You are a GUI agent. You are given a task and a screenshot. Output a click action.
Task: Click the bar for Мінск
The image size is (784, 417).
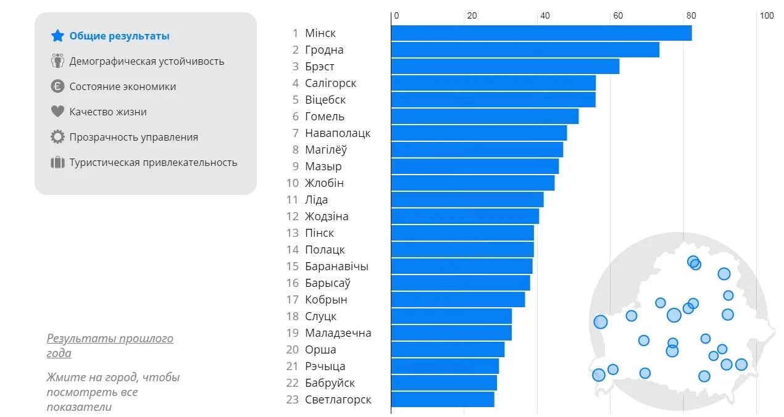tap(541, 33)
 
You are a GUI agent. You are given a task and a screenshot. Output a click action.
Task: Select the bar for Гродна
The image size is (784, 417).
tap(525, 50)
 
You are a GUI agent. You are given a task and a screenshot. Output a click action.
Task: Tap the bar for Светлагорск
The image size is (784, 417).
tap(443, 400)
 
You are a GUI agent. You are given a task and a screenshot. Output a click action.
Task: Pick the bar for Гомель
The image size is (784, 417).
tap(485, 117)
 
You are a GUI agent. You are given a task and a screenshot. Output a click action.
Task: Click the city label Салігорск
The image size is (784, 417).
tap(330, 83)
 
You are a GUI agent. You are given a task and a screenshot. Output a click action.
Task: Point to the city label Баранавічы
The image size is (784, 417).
tap(336, 266)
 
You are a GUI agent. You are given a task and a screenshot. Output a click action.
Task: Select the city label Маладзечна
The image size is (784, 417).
tap(338, 333)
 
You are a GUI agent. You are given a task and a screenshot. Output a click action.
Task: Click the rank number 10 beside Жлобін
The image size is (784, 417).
tap(293, 183)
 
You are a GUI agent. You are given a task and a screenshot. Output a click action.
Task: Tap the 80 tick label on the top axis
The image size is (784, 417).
tap(691, 15)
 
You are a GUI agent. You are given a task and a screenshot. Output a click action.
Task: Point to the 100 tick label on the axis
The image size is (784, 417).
tap(766, 15)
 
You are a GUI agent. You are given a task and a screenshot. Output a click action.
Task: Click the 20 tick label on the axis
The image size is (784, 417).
tap(472, 15)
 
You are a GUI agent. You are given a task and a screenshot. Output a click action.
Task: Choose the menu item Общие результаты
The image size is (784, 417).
tap(119, 36)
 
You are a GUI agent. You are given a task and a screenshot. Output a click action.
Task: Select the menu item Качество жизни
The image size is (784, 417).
tap(108, 112)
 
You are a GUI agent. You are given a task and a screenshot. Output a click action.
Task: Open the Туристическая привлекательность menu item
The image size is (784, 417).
tap(153, 163)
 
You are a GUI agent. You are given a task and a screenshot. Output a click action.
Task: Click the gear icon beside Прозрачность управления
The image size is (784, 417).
tap(57, 137)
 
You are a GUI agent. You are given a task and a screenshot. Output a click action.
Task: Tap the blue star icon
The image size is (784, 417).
tap(57, 36)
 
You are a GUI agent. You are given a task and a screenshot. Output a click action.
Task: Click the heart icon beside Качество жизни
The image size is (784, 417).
tap(57, 112)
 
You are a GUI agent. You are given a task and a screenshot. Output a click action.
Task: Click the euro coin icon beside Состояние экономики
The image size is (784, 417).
tap(57, 86)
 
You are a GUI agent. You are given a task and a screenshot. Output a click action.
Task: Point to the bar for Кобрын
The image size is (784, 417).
tap(457, 300)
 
